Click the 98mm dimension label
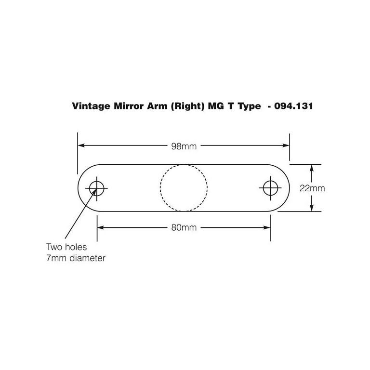coord(184,146)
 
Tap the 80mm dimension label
coord(184,227)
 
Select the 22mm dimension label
coord(312,188)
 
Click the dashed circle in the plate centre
coord(184,164)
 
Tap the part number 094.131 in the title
coord(293,106)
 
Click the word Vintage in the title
coord(91,106)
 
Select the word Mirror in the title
coord(129,106)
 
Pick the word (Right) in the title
coord(187,106)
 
